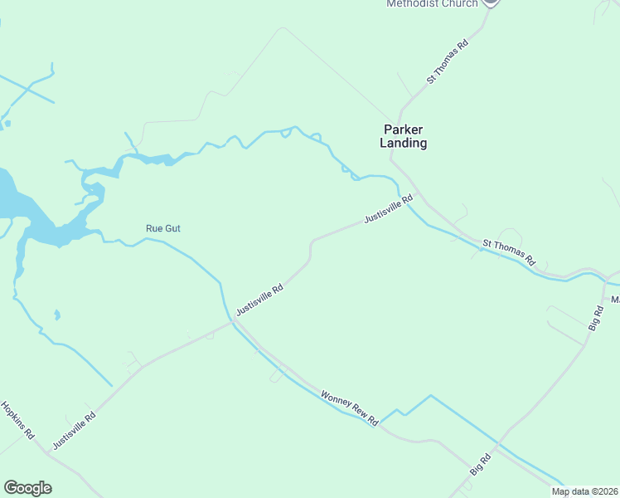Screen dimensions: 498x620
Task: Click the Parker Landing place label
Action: [404, 136]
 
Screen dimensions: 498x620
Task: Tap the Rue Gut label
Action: [163, 228]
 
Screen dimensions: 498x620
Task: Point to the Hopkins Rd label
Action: [17, 420]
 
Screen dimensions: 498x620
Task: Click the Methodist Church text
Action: [432, 4]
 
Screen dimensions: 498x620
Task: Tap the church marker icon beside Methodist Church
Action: [491, 2]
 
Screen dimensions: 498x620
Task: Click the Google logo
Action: [27, 488]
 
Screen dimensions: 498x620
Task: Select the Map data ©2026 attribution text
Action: [584, 491]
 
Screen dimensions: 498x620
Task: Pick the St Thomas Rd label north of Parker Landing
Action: [448, 61]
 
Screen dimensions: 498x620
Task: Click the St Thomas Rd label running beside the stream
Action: [510, 252]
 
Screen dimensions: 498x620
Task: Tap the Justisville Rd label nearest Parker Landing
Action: [388, 209]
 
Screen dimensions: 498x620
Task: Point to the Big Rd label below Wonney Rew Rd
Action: [481, 463]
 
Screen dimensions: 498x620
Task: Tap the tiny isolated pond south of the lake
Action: [56, 315]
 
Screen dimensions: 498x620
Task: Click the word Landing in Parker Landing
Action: [404, 144]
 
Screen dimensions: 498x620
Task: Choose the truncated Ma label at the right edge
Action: [615, 299]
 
